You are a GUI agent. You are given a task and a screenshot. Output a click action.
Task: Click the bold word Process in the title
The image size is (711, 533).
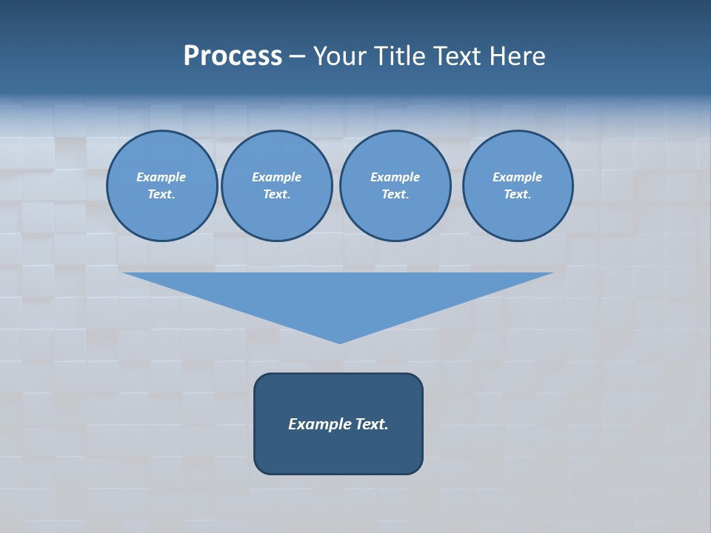click(x=233, y=56)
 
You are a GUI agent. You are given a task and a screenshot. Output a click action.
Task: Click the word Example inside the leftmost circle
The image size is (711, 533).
click(x=161, y=177)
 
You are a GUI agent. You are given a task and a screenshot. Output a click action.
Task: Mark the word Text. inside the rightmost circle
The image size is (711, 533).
click(x=517, y=195)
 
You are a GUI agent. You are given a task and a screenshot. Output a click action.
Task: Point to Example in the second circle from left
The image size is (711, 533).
click(x=276, y=177)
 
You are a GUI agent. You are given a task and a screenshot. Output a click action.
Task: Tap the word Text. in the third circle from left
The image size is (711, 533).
click(x=395, y=195)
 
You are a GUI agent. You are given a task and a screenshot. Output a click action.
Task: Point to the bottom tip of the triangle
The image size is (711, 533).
click(x=339, y=341)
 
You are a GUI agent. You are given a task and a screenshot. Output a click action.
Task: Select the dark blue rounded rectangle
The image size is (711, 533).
click(x=338, y=452)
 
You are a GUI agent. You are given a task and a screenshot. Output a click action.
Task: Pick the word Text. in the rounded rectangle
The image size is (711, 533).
click(x=372, y=424)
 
